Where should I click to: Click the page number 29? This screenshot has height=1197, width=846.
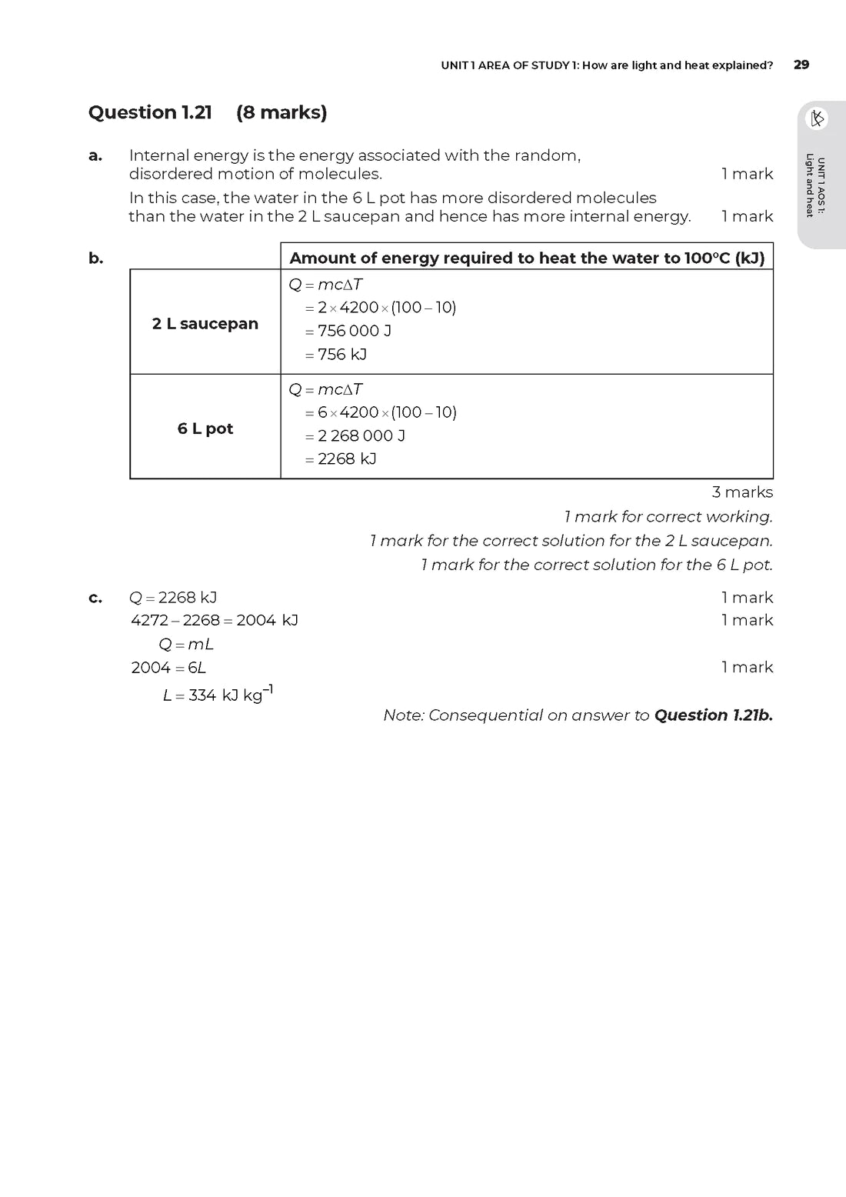coord(801,65)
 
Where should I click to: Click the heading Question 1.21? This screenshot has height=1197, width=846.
coord(150,112)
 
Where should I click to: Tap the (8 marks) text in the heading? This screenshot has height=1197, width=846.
coord(281,112)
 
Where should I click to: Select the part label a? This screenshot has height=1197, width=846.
coord(95,155)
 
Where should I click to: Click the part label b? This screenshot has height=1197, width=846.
coord(95,258)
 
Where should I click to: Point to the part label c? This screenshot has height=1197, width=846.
coord(95,598)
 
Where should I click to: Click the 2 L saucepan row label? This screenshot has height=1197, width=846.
coord(205,324)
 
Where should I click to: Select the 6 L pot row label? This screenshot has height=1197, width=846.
coord(205,428)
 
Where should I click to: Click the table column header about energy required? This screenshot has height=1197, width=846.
coord(527,258)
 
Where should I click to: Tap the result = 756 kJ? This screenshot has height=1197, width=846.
coord(336,355)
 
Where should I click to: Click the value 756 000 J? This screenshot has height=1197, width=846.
coord(354,331)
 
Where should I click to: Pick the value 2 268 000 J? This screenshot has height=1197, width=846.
coord(361,435)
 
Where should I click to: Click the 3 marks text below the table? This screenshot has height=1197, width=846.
coord(742,492)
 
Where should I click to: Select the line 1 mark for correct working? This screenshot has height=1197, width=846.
coord(668,517)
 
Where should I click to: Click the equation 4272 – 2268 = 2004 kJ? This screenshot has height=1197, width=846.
coord(215,620)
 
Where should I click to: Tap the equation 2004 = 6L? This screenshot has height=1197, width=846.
coord(168,668)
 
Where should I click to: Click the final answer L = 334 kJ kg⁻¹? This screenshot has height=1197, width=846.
coord(218,695)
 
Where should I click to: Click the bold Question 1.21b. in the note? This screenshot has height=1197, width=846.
coord(713,715)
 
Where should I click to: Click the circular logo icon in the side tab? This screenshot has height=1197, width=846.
coord(817,118)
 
